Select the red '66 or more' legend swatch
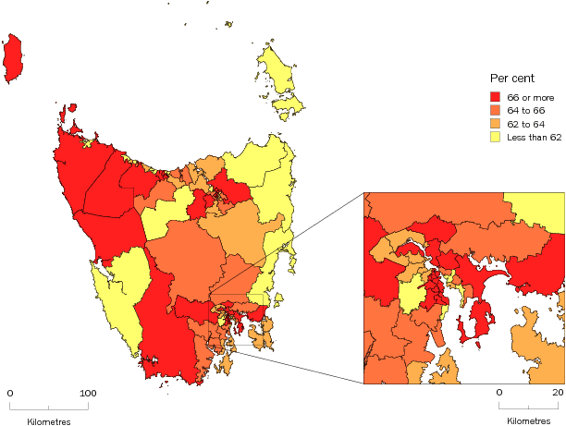496,96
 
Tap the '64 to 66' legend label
526,110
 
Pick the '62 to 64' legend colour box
496,124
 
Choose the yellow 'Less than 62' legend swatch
496,138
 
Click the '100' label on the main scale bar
88,394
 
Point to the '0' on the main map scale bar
10,394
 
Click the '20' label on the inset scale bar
559,394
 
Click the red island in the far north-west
13,57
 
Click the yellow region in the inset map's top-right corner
539,211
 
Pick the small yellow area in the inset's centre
409,296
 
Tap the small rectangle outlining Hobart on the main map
239,319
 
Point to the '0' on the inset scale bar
500,394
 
